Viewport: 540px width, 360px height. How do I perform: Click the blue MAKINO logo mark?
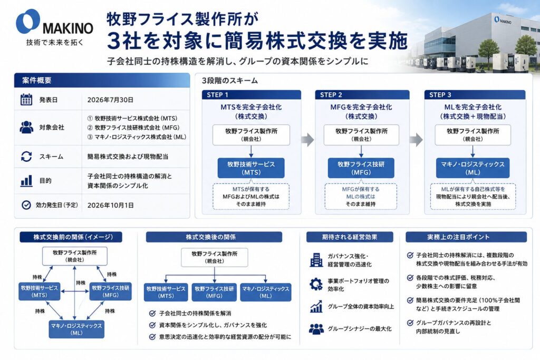tap(28, 21)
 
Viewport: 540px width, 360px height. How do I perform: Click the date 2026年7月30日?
tap(110, 100)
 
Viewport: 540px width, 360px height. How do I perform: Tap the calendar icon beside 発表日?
tap(26, 100)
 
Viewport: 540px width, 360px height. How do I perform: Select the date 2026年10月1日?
tap(111, 205)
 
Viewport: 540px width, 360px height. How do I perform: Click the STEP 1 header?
tap(252, 95)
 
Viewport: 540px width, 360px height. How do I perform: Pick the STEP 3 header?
tap(475, 95)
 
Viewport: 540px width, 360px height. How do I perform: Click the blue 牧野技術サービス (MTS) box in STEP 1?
tap(251, 168)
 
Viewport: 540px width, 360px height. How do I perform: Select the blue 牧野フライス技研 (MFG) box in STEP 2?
tap(361, 168)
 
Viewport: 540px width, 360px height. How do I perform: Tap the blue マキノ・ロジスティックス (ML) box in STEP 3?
tap(472, 168)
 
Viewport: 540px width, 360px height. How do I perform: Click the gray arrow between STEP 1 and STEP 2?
tap(307, 140)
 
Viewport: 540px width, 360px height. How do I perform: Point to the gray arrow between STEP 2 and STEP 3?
tap(417, 140)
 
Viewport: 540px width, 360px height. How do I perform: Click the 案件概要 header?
tap(102, 81)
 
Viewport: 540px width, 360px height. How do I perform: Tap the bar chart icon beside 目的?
tap(26, 180)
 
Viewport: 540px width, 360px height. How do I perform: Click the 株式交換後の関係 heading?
tap(214, 237)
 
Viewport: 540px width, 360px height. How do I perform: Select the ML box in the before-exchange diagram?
tap(76, 329)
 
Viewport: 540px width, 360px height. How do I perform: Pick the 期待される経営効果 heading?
tap(350, 237)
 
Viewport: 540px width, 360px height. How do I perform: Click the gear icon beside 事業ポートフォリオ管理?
tap(316, 284)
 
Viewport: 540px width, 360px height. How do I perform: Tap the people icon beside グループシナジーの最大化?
tap(316, 329)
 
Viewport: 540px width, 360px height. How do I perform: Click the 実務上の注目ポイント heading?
tap(466, 237)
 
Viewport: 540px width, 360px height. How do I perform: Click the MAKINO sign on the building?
tap(503, 20)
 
